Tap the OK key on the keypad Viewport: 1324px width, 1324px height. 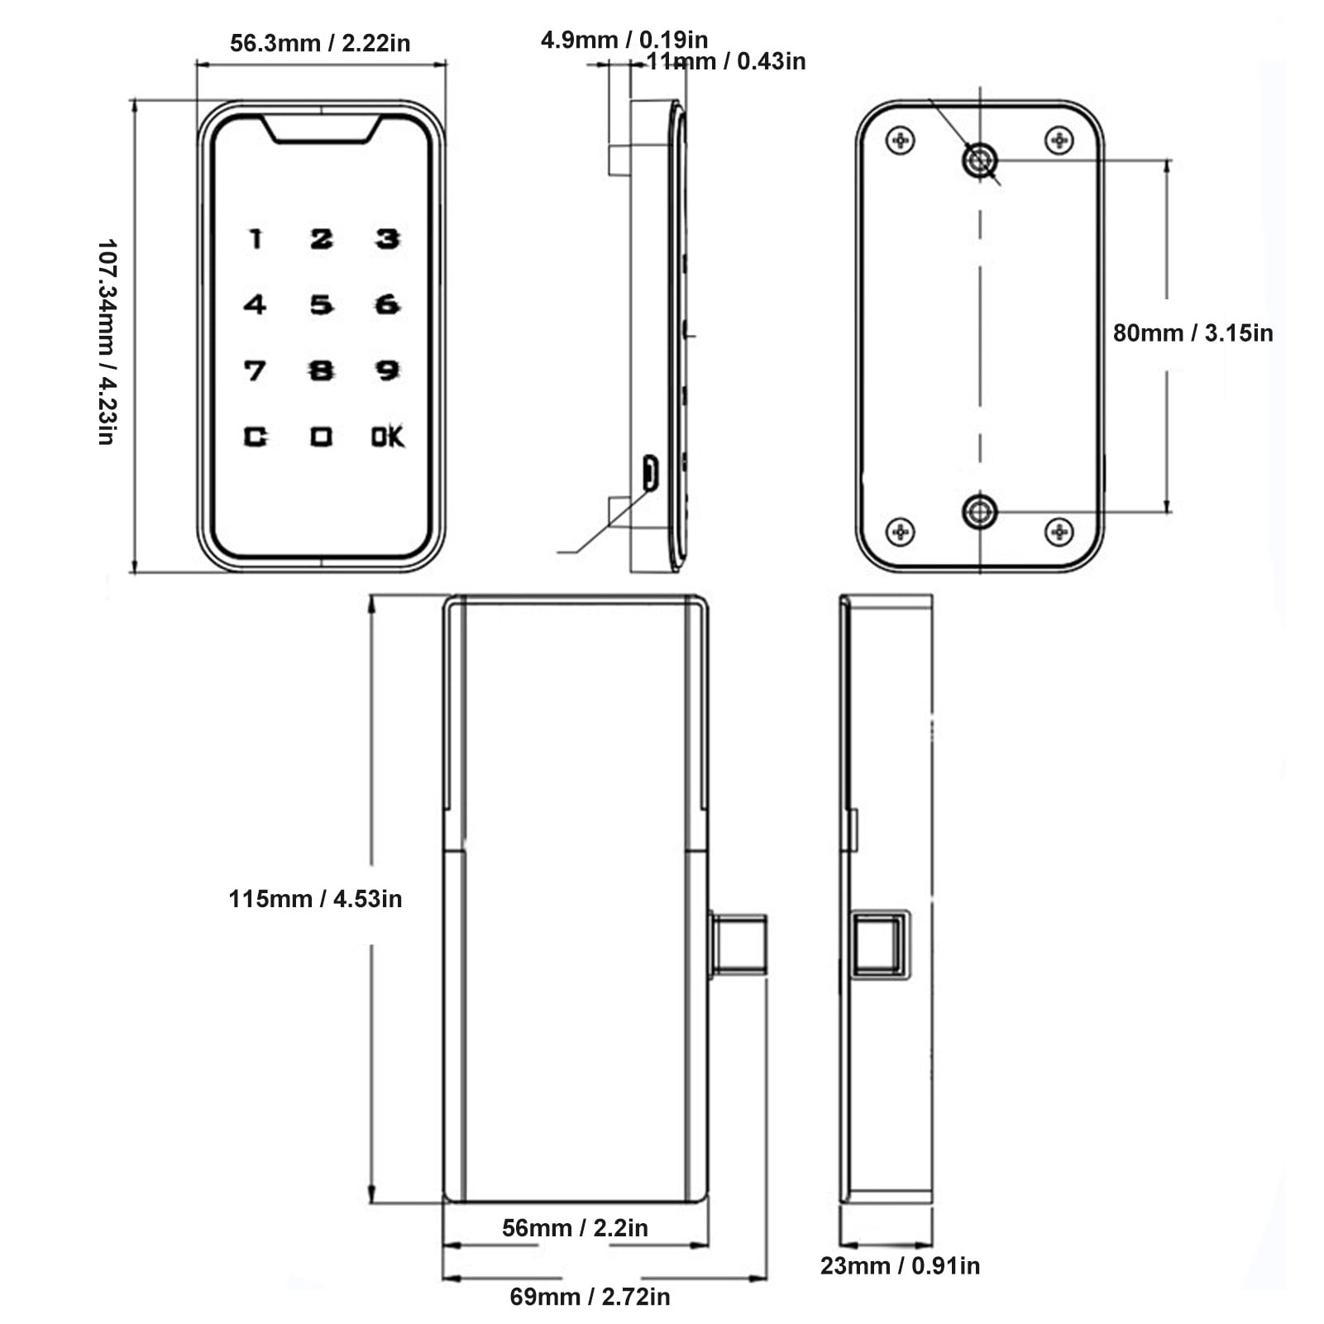pyautogui.click(x=387, y=437)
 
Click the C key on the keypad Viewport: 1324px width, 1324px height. pyautogui.click(x=255, y=437)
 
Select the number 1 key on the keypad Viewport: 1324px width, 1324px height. pyautogui.click(x=256, y=239)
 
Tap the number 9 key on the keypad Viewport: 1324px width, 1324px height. pyautogui.click(x=387, y=370)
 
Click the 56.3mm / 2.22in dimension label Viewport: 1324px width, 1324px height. pyautogui.click(x=320, y=43)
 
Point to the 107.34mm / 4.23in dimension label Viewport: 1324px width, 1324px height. pyautogui.click(x=107, y=342)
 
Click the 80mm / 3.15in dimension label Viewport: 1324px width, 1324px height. pyautogui.click(x=1192, y=333)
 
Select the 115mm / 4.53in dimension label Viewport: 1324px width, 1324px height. pyautogui.click(x=315, y=899)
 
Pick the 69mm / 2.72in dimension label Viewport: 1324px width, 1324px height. pyautogui.click(x=590, y=1297)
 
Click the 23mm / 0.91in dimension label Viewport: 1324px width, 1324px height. pyautogui.click(x=900, y=1266)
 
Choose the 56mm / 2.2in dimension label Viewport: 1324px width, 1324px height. pyautogui.click(x=575, y=1228)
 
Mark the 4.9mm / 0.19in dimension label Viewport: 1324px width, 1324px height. pyautogui.click(x=624, y=39)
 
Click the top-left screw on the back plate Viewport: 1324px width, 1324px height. pyautogui.click(x=900, y=141)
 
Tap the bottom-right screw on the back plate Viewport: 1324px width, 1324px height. pyautogui.click(x=1059, y=531)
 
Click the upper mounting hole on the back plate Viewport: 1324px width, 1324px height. pyautogui.click(x=980, y=160)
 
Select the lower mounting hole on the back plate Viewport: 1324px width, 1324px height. pyautogui.click(x=980, y=512)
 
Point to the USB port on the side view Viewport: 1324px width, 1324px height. pyautogui.click(x=651, y=473)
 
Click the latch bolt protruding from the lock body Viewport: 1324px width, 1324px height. pyautogui.click(x=738, y=944)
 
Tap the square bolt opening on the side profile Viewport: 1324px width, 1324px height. pyautogui.click(x=877, y=944)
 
